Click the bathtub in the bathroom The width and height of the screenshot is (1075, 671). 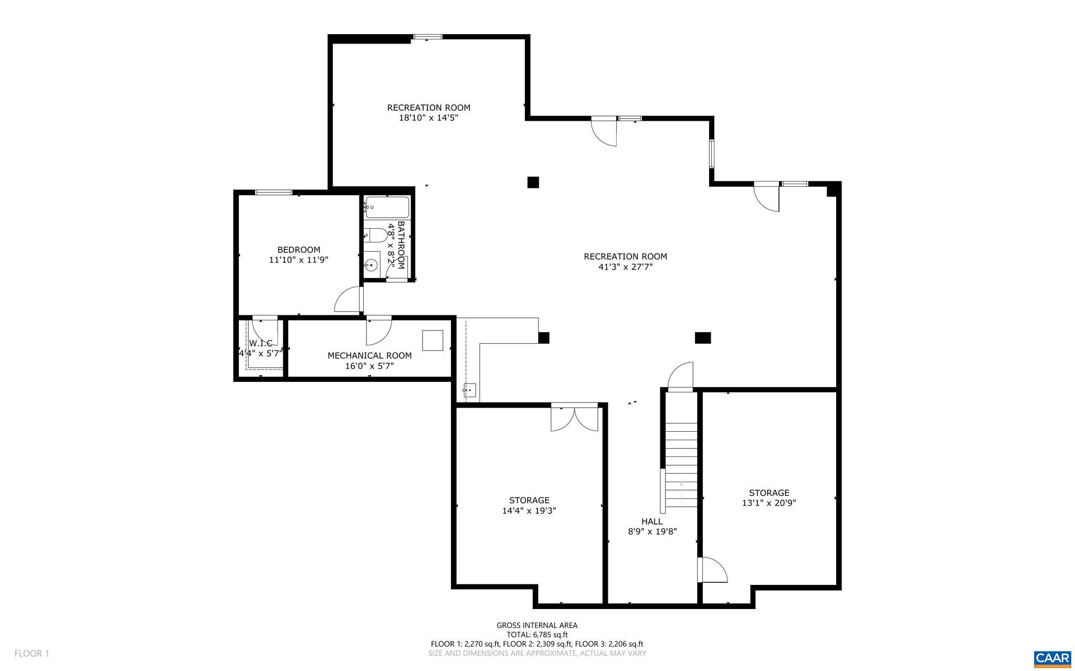coord(387,207)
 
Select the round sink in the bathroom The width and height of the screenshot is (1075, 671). coord(372,265)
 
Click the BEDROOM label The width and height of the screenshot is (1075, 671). coord(299,250)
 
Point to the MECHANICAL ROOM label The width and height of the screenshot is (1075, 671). coord(370,355)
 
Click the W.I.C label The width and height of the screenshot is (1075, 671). coord(260,343)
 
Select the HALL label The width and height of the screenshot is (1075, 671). coord(652,521)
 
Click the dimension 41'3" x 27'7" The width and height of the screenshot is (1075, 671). coord(625,267)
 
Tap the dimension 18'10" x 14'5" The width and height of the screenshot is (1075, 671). coord(428,118)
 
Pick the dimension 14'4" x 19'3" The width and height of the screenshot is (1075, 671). coord(529,510)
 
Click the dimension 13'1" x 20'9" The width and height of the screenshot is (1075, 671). coord(769,503)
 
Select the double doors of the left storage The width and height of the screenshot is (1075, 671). coord(574,418)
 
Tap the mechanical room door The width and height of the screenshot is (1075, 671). coord(378,329)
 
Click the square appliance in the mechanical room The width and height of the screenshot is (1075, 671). coord(433,340)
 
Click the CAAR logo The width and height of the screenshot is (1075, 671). coord(1052,658)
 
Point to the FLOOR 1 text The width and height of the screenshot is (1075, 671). coord(31,654)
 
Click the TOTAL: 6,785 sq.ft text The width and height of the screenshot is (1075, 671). coord(537,634)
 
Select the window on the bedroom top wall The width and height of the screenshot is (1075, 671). coord(273,192)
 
